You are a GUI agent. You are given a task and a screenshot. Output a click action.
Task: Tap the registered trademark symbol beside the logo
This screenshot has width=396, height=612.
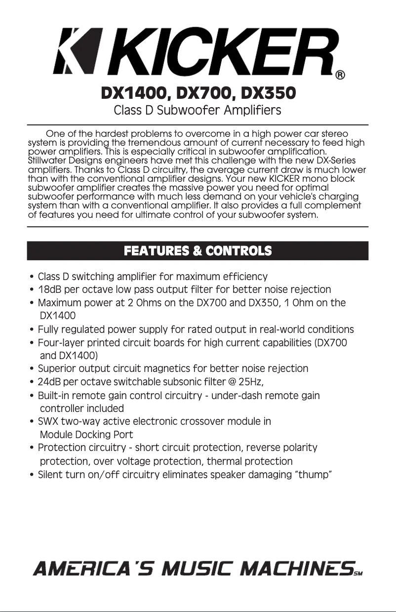click(340, 76)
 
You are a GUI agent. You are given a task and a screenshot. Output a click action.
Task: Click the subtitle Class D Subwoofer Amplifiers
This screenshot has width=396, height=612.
click(198, 110)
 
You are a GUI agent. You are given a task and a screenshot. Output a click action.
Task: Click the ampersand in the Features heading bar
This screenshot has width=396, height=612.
click(197, 251)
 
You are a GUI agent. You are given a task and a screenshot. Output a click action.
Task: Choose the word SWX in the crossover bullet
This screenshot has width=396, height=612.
click(48, 422)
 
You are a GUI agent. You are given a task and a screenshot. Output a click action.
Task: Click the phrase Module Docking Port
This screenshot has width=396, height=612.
click(86, 435)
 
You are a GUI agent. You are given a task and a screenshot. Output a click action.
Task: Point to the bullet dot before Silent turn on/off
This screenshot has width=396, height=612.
click(32, 475)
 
